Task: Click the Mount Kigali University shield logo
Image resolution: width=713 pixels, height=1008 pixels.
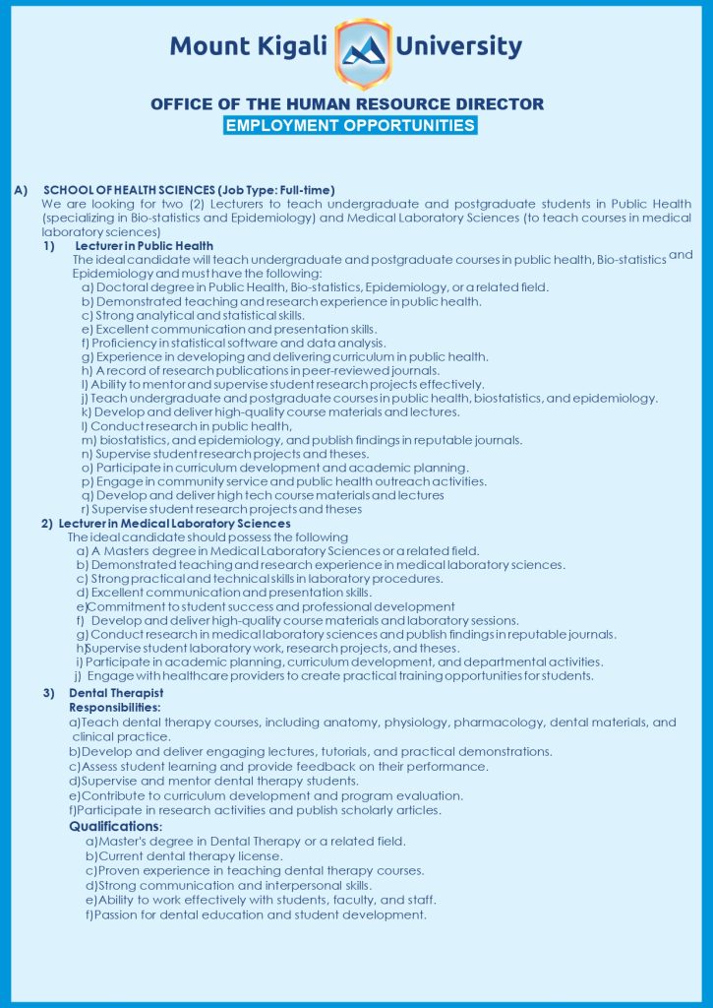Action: coord(363,52)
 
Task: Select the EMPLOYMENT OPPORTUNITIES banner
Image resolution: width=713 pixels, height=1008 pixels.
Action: coord(350,126)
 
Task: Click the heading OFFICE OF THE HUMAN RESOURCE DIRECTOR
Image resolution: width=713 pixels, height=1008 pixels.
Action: coord(347,104)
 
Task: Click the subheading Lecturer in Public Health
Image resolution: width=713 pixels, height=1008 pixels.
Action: coord(144,245)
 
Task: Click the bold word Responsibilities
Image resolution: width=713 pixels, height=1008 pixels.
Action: coord(115,707)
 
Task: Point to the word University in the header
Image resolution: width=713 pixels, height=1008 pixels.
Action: coord(458,45)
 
